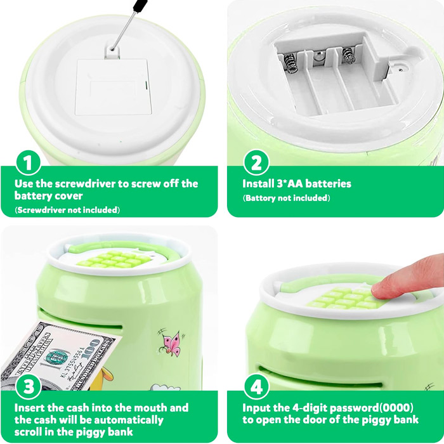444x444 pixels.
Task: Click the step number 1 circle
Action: (x=28, y=163)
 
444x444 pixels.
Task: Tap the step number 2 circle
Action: (x=256, y=162)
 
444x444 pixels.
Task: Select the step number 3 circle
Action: (x=28, y=386)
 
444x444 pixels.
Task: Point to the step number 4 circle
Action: (x=256, y=386)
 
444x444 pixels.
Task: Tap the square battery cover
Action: (x=114, y=87)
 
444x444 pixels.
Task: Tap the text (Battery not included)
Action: (x=286, y=198)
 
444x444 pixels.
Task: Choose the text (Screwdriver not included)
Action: (x=67, y=210)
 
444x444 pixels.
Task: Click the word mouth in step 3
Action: (x=150, y=408)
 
